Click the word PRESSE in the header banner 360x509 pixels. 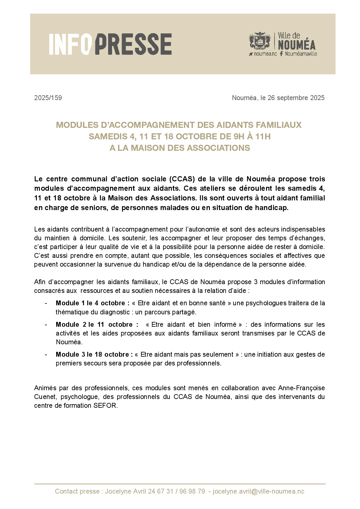click(133, 44)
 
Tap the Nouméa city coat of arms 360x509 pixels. click(260, 41)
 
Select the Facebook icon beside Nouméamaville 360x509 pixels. click(281, 54)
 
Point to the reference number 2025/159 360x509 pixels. click(48, 98)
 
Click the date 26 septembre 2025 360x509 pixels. click(296, 98)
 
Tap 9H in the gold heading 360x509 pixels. click(239, 136)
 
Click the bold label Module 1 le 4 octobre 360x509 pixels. click(92, 303)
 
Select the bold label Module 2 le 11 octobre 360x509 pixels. click(97, 325)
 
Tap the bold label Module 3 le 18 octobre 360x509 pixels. click(94, 355)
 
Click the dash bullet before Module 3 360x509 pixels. click(46, 355)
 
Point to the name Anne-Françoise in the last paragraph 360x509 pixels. click(301, 388)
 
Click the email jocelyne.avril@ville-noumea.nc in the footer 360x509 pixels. click(258, 491)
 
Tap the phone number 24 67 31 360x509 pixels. click(160, 491)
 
